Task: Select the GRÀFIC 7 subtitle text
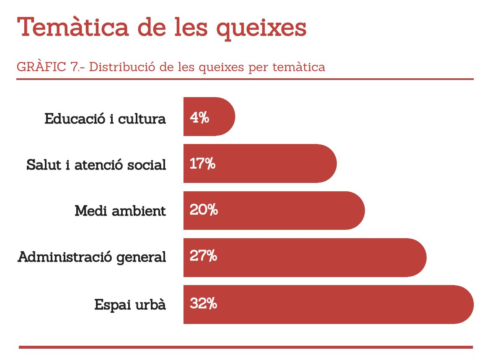coord(170,67)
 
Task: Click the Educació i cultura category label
coord(105,119)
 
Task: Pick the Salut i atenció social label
coord(96,165)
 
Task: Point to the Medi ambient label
coord(120,211)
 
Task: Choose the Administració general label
coord(92,257)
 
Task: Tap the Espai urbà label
coord(130,305)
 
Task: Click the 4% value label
coord(199,118)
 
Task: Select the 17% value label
coord(202,164)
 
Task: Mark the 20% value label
coord(204,210)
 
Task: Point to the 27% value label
coord(203,256)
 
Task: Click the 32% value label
coord(203,303)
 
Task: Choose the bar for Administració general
coord(318,257)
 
